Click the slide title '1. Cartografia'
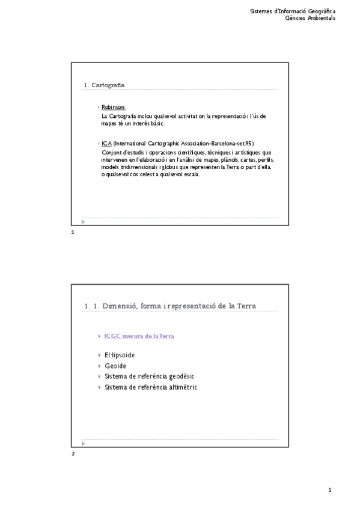pos(105,85)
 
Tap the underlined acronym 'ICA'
pos(106,144)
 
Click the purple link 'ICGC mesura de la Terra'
pos(139,336)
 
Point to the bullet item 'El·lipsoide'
pos(119,355)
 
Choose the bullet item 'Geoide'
pos(115,366)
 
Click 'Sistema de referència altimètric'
pos(151,387)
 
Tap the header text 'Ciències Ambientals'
pos(310,18)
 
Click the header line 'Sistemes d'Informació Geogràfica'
pos(293,11)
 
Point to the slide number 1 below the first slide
pos(72,232)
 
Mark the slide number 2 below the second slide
pos(73,453)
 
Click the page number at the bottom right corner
pos(330,490)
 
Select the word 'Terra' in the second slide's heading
pos(245,306)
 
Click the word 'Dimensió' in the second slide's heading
pos(119,306)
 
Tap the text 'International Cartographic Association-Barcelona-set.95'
pos(183,144)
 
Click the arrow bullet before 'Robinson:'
pos(99,107)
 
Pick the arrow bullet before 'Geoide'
pos(99,366)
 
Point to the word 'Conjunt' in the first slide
pos(111,152)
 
